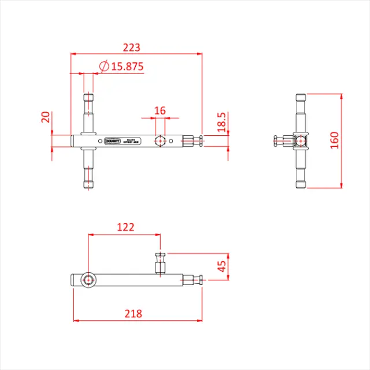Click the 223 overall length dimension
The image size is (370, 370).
pyautogui.click(x=131, y=47)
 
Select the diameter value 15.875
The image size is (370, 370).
pyautogui.click(x=127, y=66)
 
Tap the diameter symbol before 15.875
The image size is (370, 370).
pyautogui.click(x=104, y=66)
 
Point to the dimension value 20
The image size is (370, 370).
pyautogui.click(x=46, y=118)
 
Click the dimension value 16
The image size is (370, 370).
pyautogui.click(x=160, y=110)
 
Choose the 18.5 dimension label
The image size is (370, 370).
pyautogui.click(x=221, y=123)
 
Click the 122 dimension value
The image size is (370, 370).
pyautogui.click(x=125, y=227)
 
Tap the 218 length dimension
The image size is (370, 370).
pyautogui.click(x=134, y=313)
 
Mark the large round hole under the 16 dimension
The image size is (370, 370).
pyautogui.click(x=159, y=140)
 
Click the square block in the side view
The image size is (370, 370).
pyautogui.click(x=300, y=140)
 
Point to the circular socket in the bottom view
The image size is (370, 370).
pyautogui.click(x=88, y=280)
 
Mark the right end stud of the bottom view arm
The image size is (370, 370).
pyautogui.click(x=194, y=280)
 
